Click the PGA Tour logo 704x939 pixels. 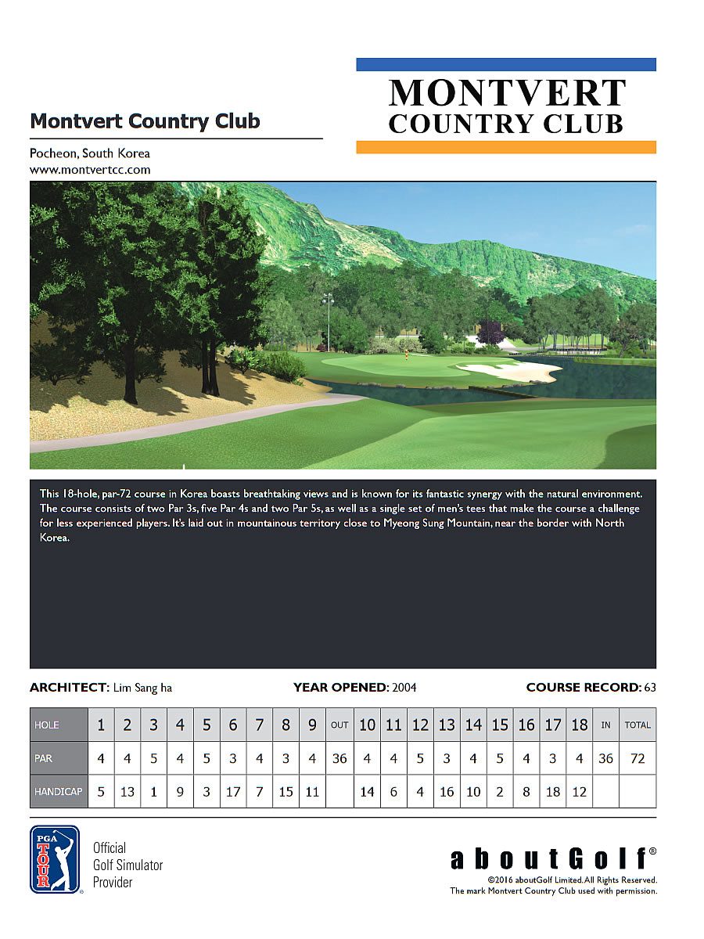55,858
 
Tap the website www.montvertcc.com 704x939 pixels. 90,169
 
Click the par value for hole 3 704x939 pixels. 153,758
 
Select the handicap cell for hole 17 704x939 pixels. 553,791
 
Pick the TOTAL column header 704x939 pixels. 638,725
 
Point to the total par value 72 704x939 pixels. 638,758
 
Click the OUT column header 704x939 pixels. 339,725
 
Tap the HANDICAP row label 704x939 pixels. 59,791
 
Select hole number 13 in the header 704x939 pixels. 447,725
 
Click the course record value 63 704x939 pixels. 649,688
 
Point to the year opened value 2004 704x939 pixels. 404,688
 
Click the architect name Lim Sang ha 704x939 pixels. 142,688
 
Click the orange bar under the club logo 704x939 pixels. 506,147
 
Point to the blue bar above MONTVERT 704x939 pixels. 506,64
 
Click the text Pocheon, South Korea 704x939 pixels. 90,153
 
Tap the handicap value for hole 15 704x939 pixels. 500,791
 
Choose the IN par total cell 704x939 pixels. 605,758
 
